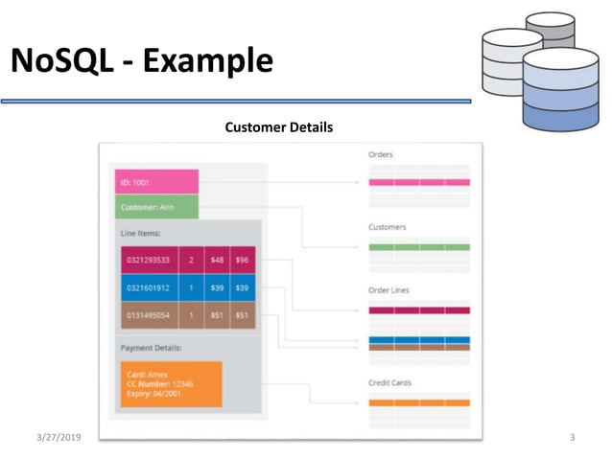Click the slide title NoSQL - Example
click(142, 61)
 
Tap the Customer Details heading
click(278, 126)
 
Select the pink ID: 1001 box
click(155, 181)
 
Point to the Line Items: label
click(140, 233)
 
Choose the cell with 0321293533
click(149, 260)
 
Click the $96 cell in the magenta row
click(242, 260)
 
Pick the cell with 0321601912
click(149, 287)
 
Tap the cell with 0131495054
click(149, 315)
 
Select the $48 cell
click(217, 260)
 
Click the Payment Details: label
click(151, 348)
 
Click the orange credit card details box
click(171, 383)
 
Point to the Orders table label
click(381, 154)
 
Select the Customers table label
click(387, 227)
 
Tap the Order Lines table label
click(388, 290)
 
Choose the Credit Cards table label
click(390, 382)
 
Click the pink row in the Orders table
click(419, 182)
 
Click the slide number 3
click(572, 438)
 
